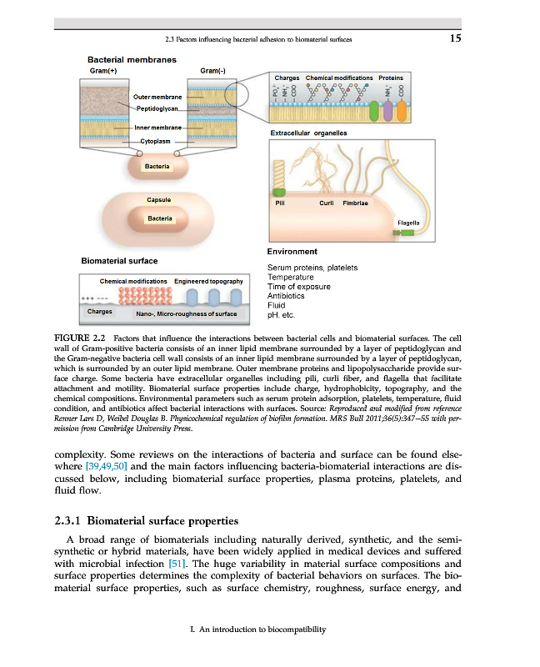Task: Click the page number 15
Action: coord(453,38)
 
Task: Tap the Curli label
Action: coord(327,203)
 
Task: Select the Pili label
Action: coord(281,203)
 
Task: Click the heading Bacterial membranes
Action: coord(129,59)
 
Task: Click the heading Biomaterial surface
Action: coord(119,261)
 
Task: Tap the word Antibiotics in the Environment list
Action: coord(286,296)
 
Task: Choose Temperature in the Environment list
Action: coord(290,277)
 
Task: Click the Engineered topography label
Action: coord(208,281)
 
